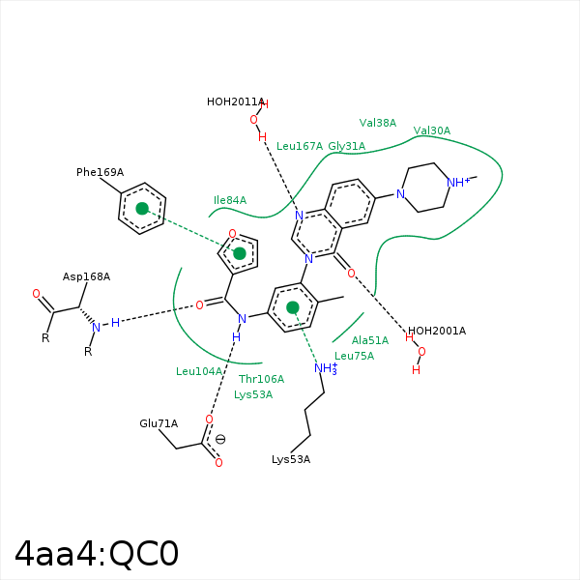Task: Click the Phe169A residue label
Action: click(x=100, y=172)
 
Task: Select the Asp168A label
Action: click(x=86, y=276)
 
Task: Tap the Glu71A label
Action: click(x=159, y=423)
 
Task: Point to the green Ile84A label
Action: click(x=230, y=200)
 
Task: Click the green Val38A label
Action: click(x=378, y=123)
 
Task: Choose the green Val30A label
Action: click(x=432, y=130)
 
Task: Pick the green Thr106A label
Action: click(x=261, y=379)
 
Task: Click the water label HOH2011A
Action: click(x=235, y=101)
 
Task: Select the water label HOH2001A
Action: click(x=437, y=331)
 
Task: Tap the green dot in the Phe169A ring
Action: click(x=142, y=209)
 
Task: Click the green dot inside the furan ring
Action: click(x=240, y=253)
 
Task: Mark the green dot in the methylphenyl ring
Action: click(x=293, y=307)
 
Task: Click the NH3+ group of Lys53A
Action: click(x=326, y=368)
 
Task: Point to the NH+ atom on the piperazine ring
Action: click(x=458, y=182)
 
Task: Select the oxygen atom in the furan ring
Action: click(x=232, y=233)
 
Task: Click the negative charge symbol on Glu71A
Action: click(x=220, y=440)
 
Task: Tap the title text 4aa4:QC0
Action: click(x=97, y=554)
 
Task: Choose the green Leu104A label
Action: click(x=199, y=371)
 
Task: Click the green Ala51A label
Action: click(x=370, y=340)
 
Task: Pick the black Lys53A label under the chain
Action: click(x=291, y=460)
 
